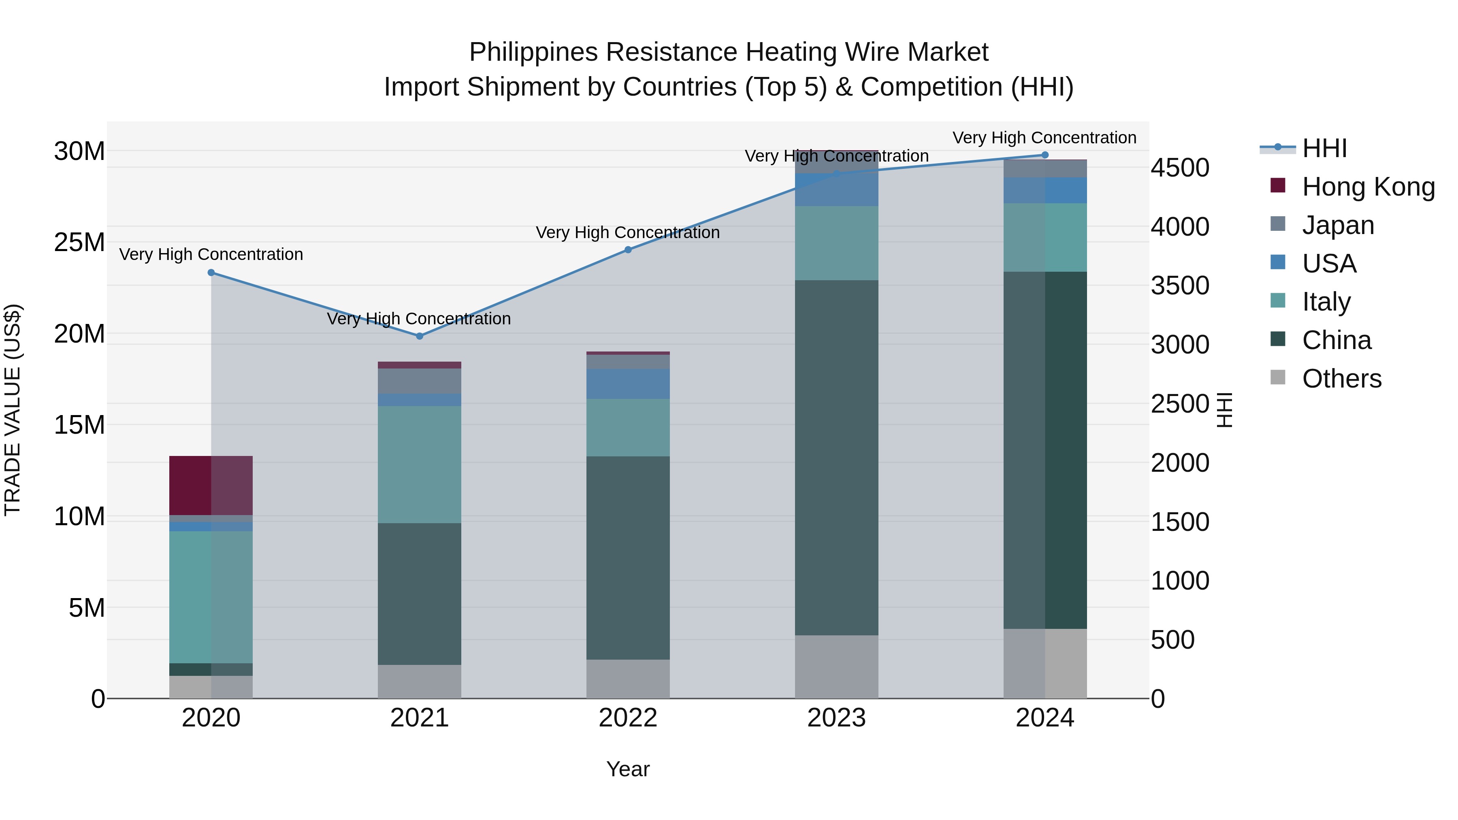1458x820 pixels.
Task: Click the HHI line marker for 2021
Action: pyautogui.click(x=420, y=336)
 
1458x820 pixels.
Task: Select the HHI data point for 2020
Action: pyautogui.click(x=211, y=273)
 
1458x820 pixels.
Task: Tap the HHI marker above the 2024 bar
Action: pyautogui.click(x=1045, y=155)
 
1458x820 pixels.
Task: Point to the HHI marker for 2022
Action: pyautogui.click(x=628, y=249)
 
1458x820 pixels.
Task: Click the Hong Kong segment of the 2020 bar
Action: pyautogui.click(x=211, y=485)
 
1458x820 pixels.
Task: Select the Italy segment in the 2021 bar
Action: pyautogui.click(x=420, y=464)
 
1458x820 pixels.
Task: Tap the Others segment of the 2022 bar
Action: pyautogui.click(x=628, y=679)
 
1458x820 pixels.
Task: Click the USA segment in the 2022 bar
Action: pyautogui.click(x=628, y=384)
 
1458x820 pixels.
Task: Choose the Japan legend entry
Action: pyautogui.click(x=1338, y=225)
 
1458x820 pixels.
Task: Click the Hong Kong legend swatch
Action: pyautogui.click(x=1278, y=185)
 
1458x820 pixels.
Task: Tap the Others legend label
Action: pyautogui.click(x=1341, y=379)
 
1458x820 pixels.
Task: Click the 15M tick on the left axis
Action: pyautogui.click(x=79, y=425)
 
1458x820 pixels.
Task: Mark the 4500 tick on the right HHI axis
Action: pyautogui.click(x=1180, y=168)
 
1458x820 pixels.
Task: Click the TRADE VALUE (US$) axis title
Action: pyautogui.click(x=13, y=410)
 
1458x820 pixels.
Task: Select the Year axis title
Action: pyautogui.click(x=628, y=769)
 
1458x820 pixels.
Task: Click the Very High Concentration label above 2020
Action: pyautogui.click(x=211, y=255)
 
